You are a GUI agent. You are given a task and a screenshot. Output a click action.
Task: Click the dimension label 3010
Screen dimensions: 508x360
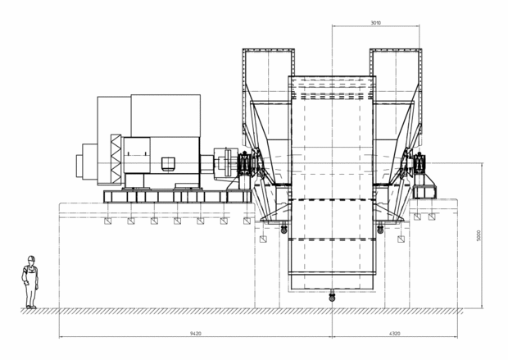click(376, 23)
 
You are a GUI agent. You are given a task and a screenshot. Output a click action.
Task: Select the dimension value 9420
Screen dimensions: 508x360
click(195, 333)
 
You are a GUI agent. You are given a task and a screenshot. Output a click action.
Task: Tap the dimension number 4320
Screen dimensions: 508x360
click(395, 333)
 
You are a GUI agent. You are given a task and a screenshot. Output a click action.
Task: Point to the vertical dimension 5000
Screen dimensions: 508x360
click(479, 235)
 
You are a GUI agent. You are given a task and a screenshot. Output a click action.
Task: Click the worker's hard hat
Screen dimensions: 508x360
click(31, 258)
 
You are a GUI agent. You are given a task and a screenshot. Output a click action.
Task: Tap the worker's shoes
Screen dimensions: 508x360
click(31, 307)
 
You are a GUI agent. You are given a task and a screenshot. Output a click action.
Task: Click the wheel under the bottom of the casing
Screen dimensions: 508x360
click(332, 297)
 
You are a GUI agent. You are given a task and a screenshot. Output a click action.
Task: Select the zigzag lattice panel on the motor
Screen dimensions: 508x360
click(116, 159)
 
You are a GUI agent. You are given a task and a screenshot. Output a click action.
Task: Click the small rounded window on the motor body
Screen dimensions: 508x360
click(168, 163)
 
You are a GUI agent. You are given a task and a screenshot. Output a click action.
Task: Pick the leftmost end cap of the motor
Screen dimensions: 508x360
click(79, 166)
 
